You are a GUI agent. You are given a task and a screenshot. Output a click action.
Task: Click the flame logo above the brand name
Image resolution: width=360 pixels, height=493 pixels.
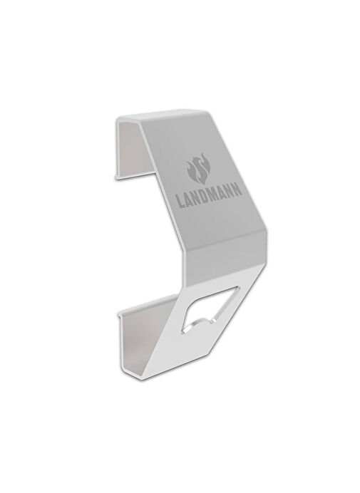click(x=197, y=172)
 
